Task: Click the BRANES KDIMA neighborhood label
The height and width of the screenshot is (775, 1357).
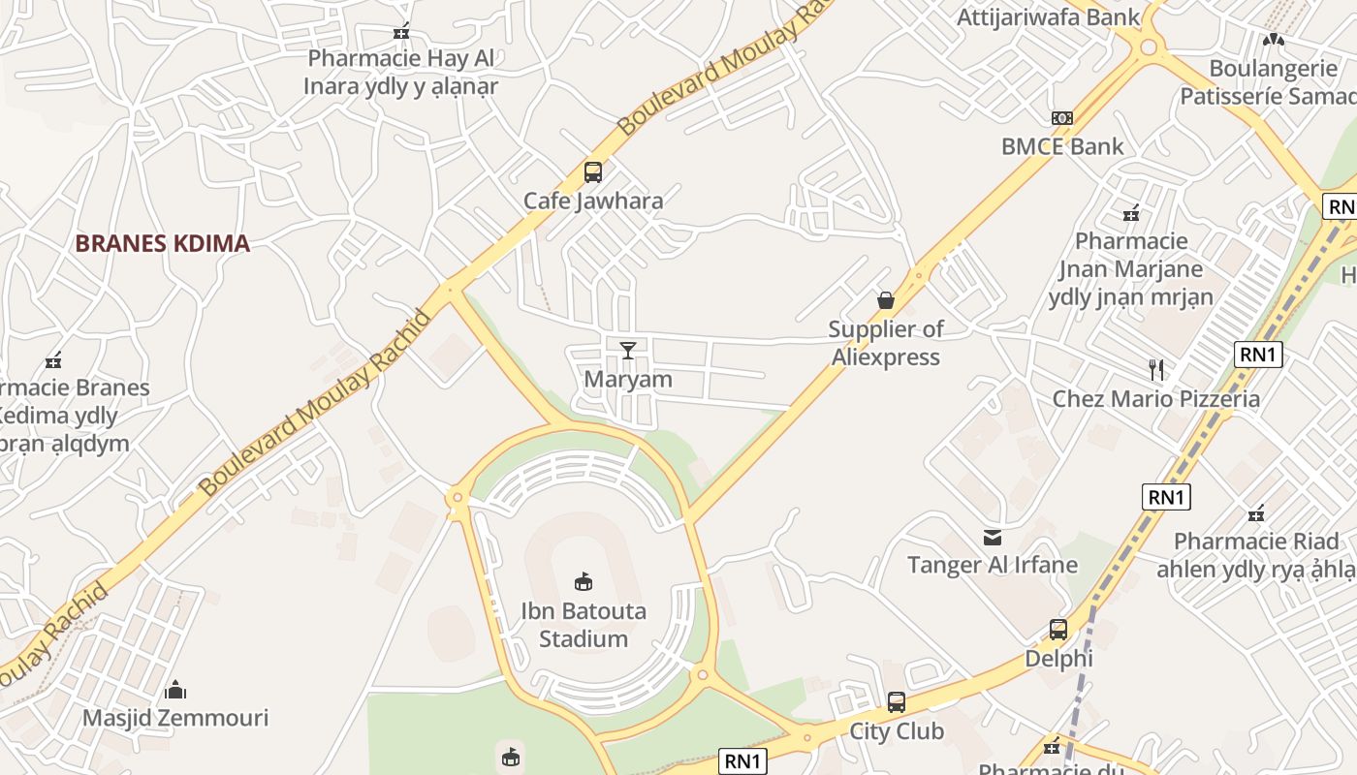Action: click(163, 243)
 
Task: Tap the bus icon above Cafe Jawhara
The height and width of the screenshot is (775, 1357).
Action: click(593, 172)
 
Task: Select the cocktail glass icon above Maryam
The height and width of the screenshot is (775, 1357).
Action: click(628, 350)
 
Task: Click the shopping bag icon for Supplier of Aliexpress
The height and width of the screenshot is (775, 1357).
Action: click(885, 300)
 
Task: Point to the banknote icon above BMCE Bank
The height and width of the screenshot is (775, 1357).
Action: click(1062, 118)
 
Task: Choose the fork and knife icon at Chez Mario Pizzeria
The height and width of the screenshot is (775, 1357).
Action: click(1155, 369)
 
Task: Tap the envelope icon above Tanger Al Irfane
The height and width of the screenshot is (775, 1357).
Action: click(993, 537)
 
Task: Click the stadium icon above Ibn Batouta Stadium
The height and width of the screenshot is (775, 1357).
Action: click(584, 582)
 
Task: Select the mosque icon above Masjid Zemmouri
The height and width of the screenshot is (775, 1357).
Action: click(175, 690)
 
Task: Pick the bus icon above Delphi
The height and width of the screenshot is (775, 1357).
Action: click(1058, 630)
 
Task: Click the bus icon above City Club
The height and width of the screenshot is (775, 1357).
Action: click(897, 702)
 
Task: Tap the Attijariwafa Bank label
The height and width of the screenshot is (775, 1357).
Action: click(1049, 17)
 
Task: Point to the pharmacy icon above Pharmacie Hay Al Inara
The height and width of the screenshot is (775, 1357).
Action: click(401, 32)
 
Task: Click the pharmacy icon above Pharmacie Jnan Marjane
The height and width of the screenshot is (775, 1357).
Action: click(1130, 213)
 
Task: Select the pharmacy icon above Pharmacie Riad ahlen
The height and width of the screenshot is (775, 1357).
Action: click(1257, 512)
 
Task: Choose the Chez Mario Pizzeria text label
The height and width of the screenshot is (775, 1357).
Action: click(1156, 399)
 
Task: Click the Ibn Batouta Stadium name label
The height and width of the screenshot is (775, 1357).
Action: click(584, 625)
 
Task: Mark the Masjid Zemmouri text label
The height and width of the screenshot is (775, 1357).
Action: click(175, 718)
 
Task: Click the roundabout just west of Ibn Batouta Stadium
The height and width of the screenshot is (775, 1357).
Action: click(457, 498)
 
